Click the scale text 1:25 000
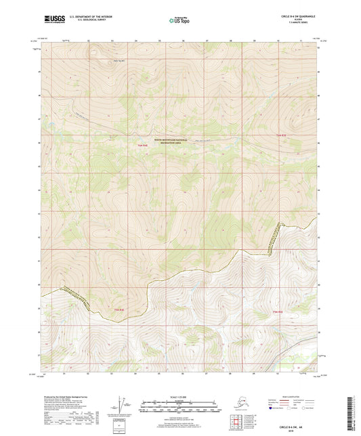click(180, 395)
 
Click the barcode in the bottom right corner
click(350, 413)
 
